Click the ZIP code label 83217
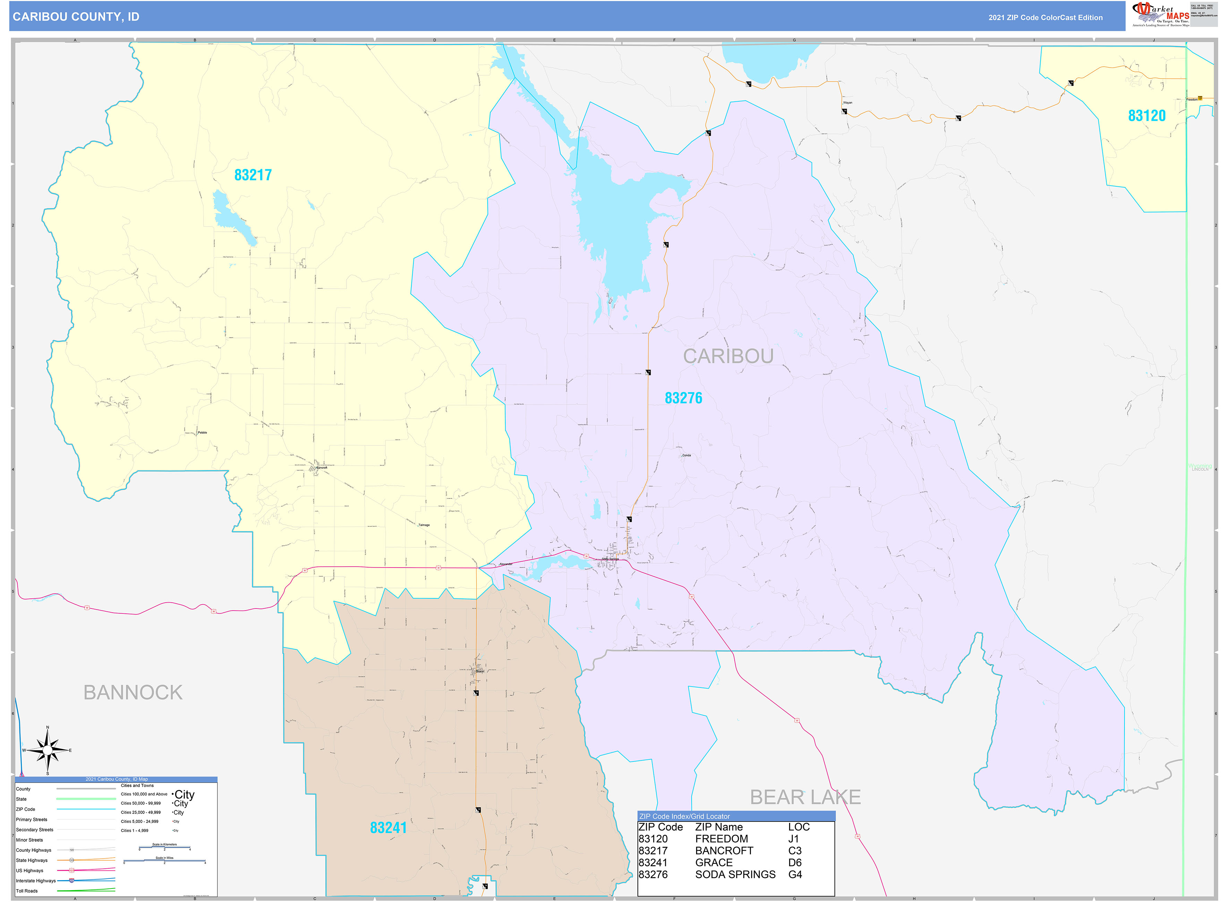253,175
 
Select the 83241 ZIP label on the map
388,828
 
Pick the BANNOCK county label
132,692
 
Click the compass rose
48,751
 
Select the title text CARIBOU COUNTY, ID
76,17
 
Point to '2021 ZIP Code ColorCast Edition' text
1045,17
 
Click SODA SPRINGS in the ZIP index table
735,874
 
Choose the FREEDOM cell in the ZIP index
721,839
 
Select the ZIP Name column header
718,827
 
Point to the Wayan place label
847,103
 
